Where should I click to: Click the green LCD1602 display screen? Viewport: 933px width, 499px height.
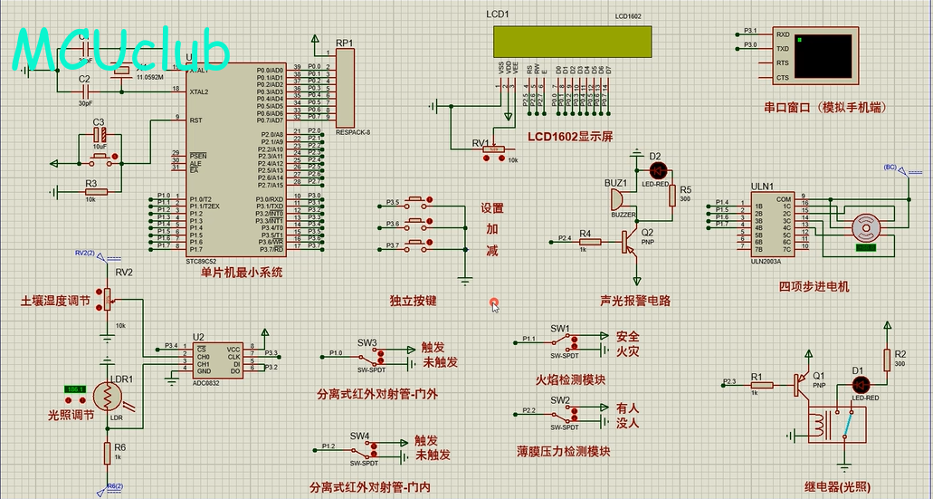coord(572,40)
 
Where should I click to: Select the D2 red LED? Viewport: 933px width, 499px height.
coord(657,169)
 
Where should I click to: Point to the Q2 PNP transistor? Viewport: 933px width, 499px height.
coord(631,239)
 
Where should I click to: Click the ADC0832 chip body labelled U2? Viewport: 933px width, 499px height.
coord(220,360)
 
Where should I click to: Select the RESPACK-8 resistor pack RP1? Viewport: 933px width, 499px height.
coord(345,88)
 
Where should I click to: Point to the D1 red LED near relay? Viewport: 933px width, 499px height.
coord(858,384)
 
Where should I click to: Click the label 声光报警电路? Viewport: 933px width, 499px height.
coord(635,301)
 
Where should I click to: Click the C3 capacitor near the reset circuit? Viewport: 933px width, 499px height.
coord(100,137)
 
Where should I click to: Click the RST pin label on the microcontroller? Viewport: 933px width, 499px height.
coord(195,120)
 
